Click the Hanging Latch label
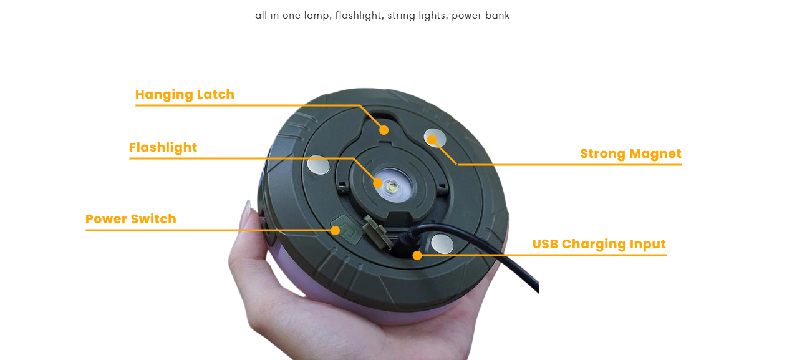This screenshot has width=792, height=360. pos(185,95)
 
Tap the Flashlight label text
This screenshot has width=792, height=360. pos(163,147)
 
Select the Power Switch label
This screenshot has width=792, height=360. pos(131,219)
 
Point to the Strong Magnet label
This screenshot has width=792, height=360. pos(630,154)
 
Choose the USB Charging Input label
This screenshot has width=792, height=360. pos(599,245)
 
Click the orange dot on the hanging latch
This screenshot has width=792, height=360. pos(384,130)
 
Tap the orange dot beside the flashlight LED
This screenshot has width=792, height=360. pos(378,183)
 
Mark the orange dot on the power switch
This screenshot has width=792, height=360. pos(336,231)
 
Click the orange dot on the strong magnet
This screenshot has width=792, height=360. pos(432,140)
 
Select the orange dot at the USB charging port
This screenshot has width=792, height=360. pos(417,255)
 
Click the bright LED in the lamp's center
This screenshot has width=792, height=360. pos(392,185)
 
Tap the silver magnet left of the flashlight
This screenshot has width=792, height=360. pos(318,165)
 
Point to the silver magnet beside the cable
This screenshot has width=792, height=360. pos(442,244)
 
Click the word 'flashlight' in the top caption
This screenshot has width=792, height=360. pos(358,16)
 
